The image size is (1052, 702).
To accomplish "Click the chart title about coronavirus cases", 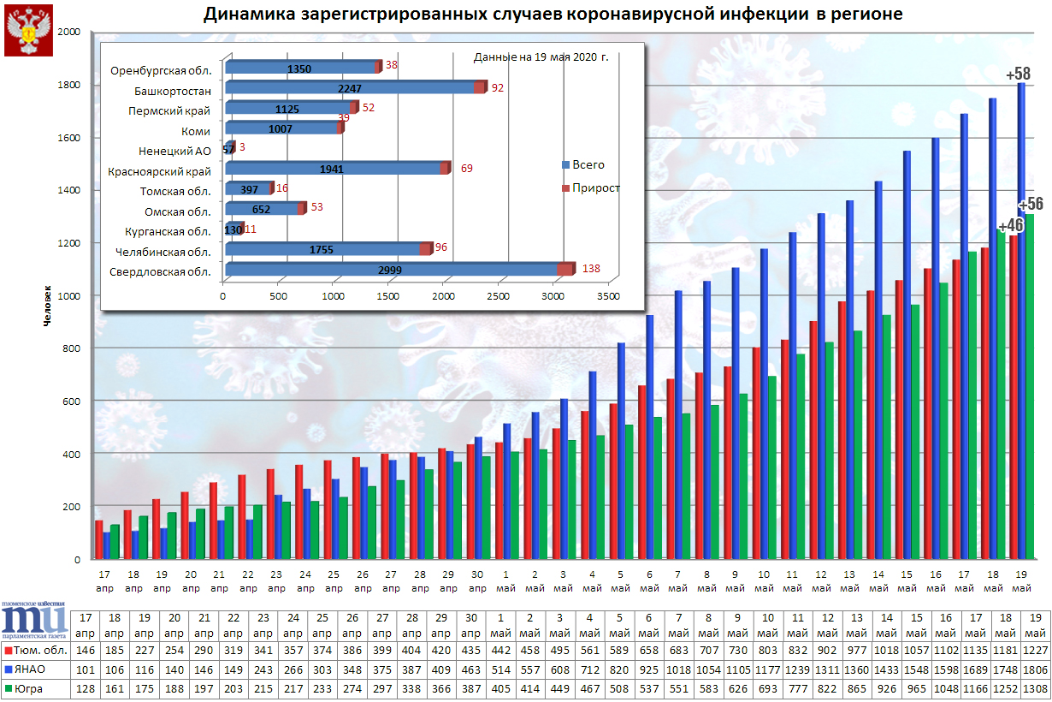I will (553, 15).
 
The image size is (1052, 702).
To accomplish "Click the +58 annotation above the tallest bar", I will (1018, 74).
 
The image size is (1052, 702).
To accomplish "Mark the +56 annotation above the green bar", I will (1031, 204).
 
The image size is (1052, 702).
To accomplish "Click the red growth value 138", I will (591, 269).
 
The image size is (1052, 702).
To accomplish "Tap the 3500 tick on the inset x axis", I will (607, 296).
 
